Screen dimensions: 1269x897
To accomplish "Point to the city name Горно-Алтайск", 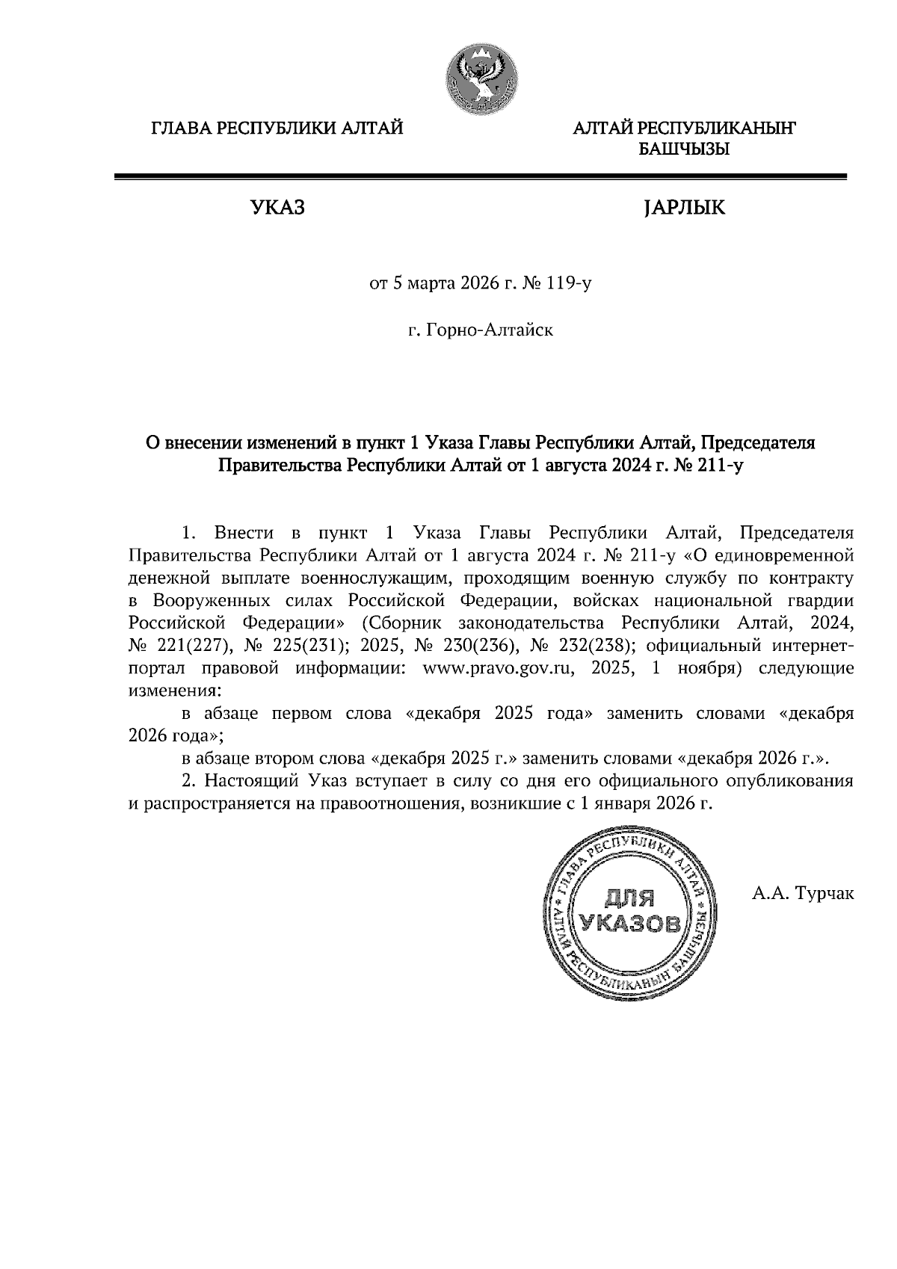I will pyautogui.click(x=490, y=330).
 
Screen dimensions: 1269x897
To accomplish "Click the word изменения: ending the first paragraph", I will pyautogui.click(x=174, y=691).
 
